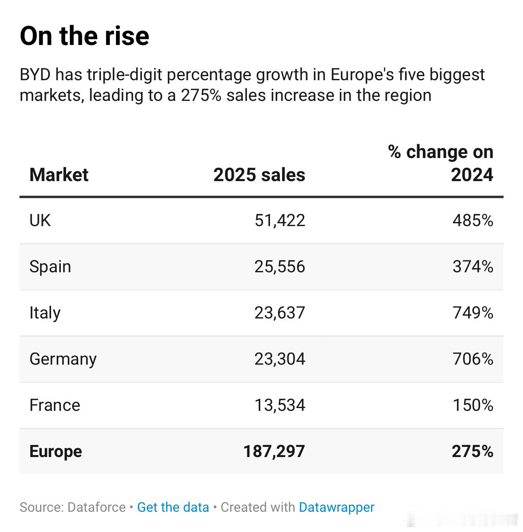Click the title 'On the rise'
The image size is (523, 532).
click(x=84, y=36)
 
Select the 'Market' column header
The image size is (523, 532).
click(x=59, y=175)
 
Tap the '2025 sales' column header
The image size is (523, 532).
click(x=259, y=175)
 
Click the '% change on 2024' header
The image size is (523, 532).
click(x=441, y=163)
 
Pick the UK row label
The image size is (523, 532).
click(x=40, y=221)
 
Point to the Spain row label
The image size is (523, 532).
click(x=50, y=267)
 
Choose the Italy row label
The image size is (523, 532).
click(x=45, y=313)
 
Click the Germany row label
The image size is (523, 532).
click(x=63, y=359)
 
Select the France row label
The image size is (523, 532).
click(x=55, y=406)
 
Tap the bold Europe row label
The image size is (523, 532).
click(x=56, y=451)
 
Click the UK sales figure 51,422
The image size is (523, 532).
click(x=280, y=221)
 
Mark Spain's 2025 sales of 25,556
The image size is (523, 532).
click(x=280, y=267)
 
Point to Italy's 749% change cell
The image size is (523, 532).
click(x=473, y=313)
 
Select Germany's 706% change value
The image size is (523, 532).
click(x=473, y=359)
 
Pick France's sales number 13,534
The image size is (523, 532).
click(x=280, y=406)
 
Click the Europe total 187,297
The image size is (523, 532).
click(x=274, y=451)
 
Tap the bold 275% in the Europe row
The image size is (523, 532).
click(x=472, y=451)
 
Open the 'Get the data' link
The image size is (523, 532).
click(x=173, y=507)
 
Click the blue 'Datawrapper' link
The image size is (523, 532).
click(x=337, y=507)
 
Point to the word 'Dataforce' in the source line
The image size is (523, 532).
click(x=96, y=507)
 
